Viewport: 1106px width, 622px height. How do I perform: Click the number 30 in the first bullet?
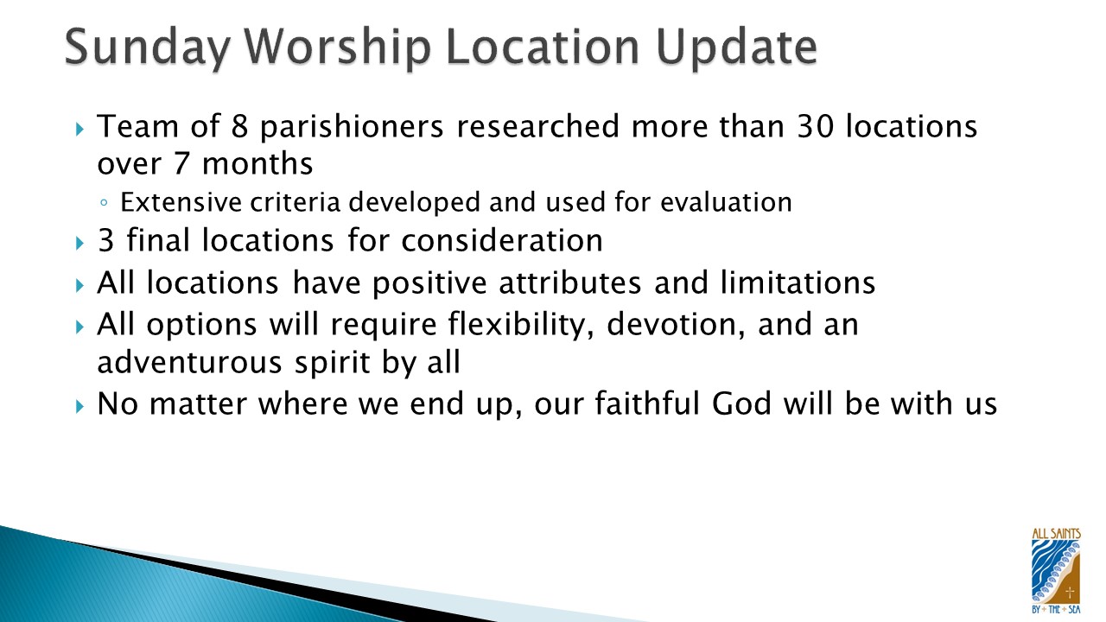pyautogui.click(x=815, y=126)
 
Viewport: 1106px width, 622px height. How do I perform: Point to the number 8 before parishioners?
pyautogui.click(x=239, y=126)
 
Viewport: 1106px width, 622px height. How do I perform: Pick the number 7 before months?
pyautogui.click(x=181, y=164)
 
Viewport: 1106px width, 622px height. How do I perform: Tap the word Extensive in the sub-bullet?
pyautogui.click(x=181, y=202)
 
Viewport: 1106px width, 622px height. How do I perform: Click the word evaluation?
pyautogui.click(x=726, y=202)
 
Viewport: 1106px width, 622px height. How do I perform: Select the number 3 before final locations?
pyautogui.click(x=106, y=241)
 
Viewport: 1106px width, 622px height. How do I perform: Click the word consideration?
pyautogui.click(x=502, y=241)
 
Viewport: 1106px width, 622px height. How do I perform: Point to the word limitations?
pyautogui.click(x=798, y=282)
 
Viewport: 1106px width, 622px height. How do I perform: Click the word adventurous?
pyautogui.click(x=189, y=362)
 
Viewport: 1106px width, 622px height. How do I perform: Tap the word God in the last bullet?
pyautogui.click(x=741, y=403)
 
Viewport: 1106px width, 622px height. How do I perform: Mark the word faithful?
pyautogui.click(x=647, y=403)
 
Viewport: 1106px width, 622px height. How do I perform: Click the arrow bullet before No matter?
pyautogui.click(x=80, y=407)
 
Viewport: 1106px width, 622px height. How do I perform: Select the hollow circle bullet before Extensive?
pyautogui.click(x=104, y=202)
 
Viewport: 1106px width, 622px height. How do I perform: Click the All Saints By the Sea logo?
pyautogui.click(x=1056, y=571)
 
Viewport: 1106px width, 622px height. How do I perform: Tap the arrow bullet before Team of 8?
pyautogui.click(x=80, y=130)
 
